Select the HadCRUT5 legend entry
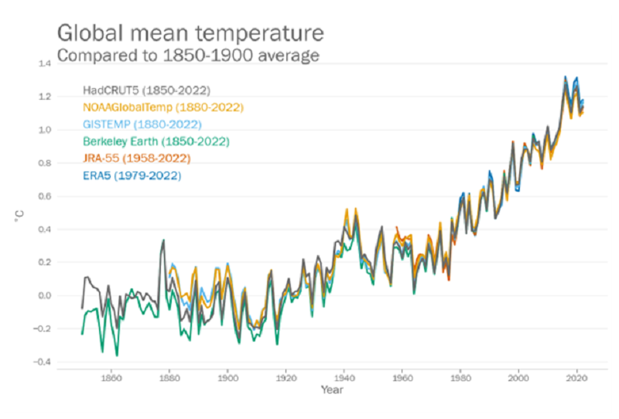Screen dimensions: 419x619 point(146,90)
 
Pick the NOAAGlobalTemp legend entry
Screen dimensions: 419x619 point(162,107)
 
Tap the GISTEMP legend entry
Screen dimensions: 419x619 point(142,124)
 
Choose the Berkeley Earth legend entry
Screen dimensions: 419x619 point(156,141)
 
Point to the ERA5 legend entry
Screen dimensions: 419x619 point(132,175)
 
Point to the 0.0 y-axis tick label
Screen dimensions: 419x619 point(45,295)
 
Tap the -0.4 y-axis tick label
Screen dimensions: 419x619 point(43,362)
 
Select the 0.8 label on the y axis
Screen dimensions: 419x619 point(45,163)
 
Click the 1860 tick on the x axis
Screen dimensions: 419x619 point(111,379)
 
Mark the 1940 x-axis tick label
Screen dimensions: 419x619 point(344,379)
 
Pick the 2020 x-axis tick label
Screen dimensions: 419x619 point(576,379)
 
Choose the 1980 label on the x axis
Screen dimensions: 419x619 point(460,379)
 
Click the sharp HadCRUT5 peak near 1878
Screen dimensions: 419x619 point(163,240)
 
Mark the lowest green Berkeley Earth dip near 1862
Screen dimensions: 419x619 point(117,355)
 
